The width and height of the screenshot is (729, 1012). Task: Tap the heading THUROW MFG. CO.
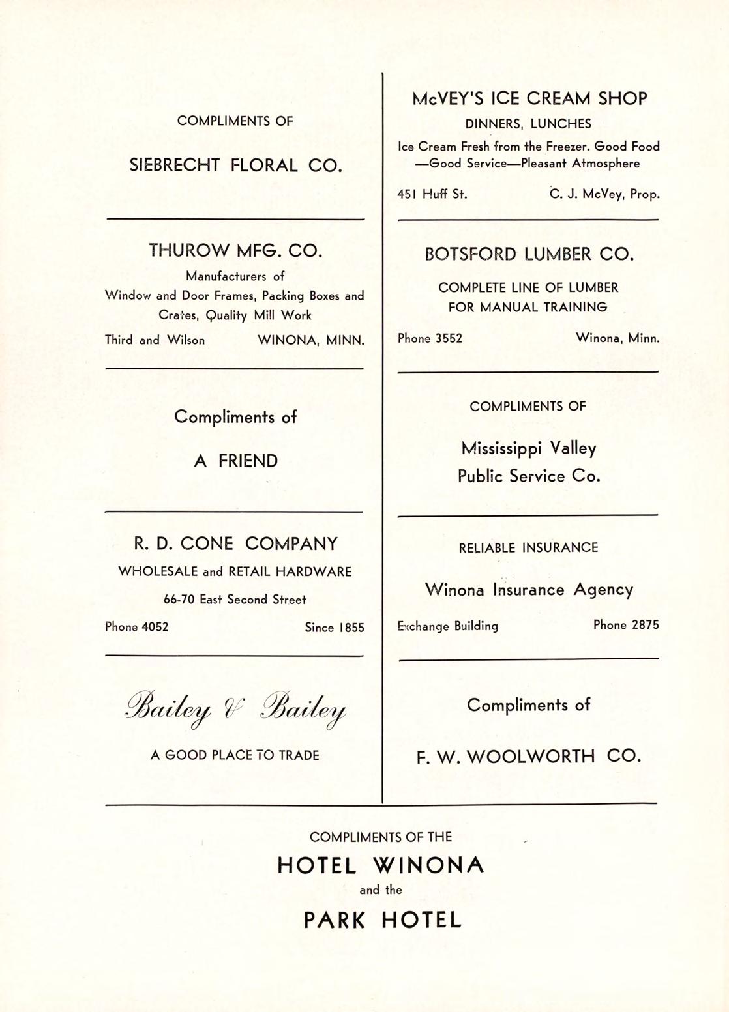click(235, 250)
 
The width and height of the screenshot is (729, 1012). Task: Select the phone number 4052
click(155, 627)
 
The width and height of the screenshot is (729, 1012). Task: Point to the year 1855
click(351, 628)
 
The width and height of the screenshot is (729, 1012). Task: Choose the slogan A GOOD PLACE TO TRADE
click(235, 755)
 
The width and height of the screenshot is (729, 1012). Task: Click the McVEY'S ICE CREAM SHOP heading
click(529, 98)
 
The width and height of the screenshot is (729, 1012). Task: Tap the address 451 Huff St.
click(432, 194)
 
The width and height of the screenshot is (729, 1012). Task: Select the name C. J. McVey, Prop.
click(604, 194)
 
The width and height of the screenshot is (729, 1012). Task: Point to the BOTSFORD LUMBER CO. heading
click(529, 254)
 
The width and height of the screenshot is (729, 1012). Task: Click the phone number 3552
click(449, 339)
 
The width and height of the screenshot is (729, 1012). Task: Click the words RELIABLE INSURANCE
click(528, 547)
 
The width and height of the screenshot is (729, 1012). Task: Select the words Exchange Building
click(448, 626)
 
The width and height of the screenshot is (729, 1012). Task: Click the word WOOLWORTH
click(531, 757)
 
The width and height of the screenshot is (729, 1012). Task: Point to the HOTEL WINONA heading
click(381, 865)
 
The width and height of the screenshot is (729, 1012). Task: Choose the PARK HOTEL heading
click(382, 920)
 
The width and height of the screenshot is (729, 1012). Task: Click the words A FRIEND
click(235, 461)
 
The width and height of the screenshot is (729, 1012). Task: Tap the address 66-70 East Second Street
click(235, 600)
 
